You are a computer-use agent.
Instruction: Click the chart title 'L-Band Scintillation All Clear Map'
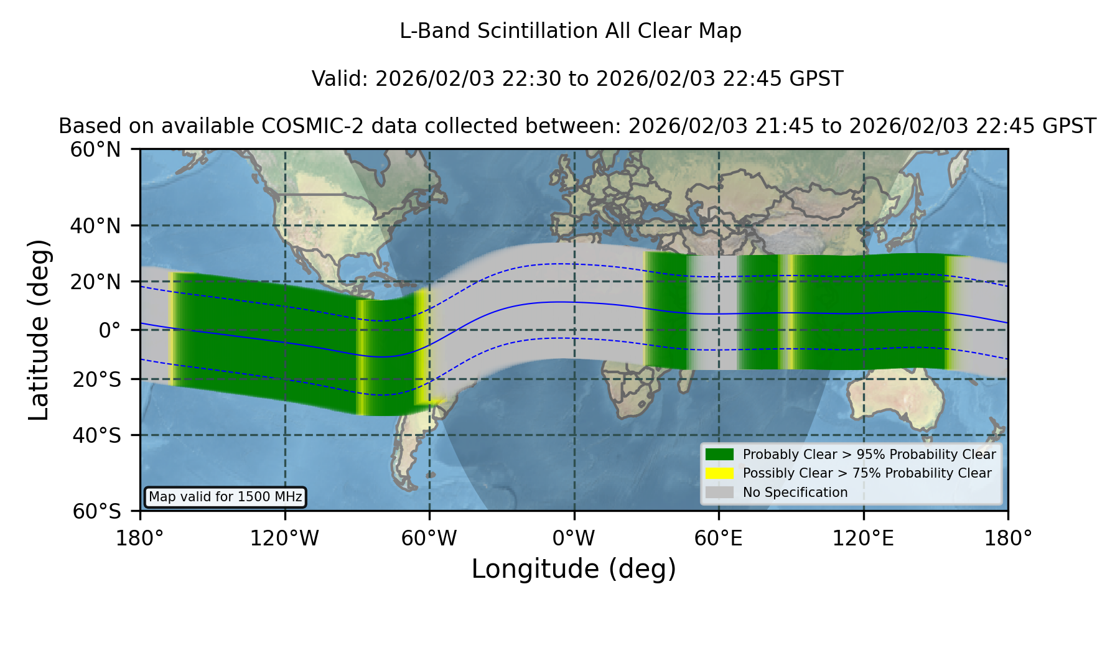click(570, 31)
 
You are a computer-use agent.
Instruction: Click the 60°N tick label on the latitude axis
click(95, 150)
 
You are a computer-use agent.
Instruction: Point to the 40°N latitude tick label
click(95, 226)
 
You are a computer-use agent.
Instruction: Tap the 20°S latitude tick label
click(96, 379)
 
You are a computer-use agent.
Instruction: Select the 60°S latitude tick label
click(96, 511)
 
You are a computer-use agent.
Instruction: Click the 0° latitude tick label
click(110, 330)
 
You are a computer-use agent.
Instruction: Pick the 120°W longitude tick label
click(284, 539)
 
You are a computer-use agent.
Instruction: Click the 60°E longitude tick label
click(719, 539)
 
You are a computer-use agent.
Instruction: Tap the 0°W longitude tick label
click(574, 539)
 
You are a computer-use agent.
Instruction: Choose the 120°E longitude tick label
click(863, 539)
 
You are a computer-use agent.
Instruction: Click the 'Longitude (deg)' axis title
click(574, 569)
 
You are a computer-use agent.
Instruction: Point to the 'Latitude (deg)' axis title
click(39, 330)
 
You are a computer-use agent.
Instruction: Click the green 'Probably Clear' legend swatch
click(719, 455)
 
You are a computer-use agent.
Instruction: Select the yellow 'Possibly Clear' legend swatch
click(719, 473)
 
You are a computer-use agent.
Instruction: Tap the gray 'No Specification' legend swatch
click(719, 493)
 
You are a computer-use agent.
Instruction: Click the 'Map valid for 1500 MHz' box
click(225, 497)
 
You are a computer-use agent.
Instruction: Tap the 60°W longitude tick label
click(429, 539)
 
